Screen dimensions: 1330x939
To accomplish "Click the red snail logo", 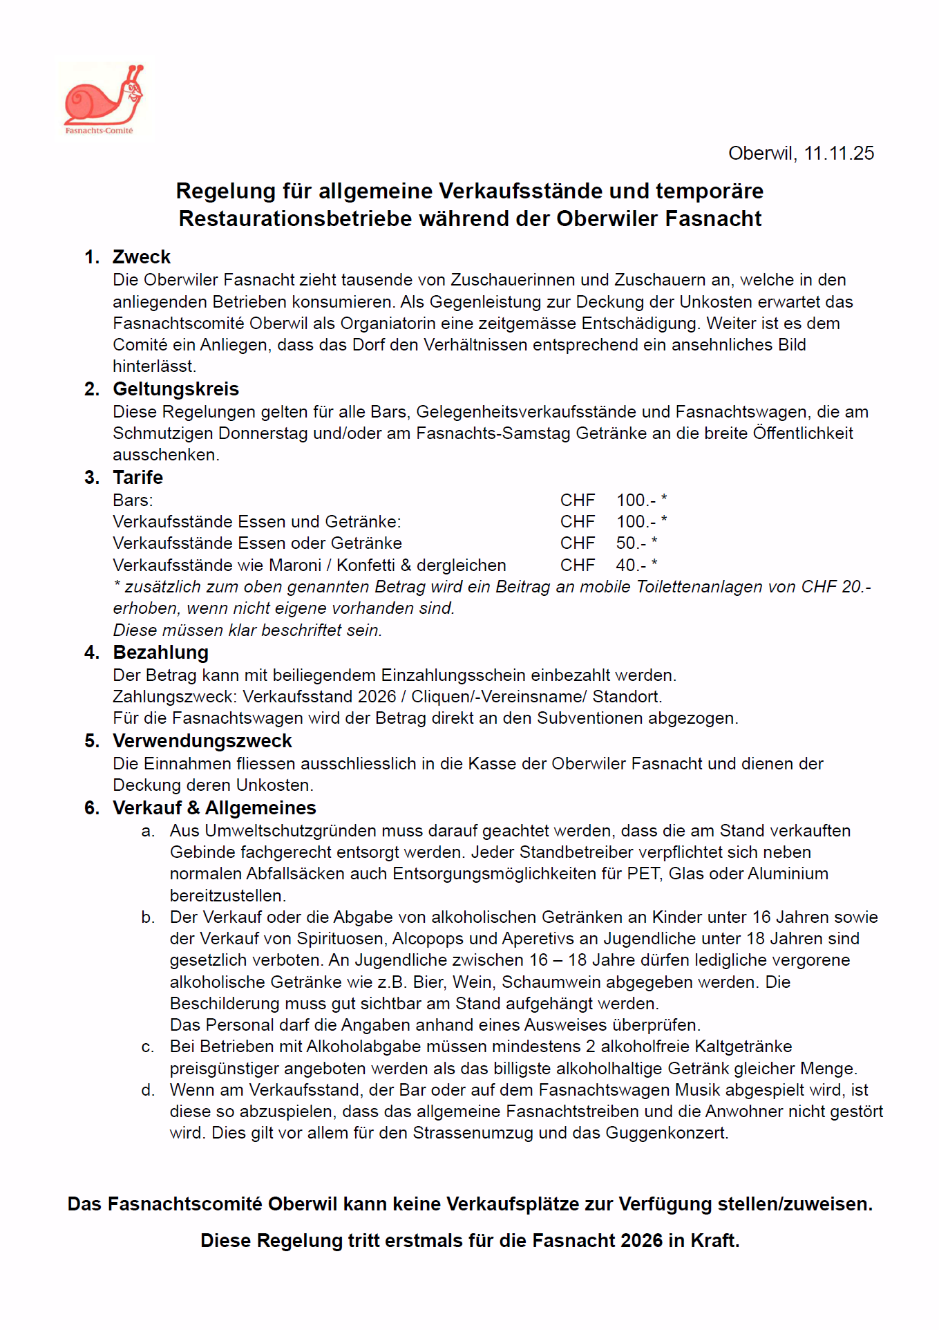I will click(x=103, y=98).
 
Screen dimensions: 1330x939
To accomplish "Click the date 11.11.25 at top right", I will click(x=839, y=153).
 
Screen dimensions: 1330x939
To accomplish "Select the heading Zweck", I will click(x=141, y=257).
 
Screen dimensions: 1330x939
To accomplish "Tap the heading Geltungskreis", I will click(x=176, y=389).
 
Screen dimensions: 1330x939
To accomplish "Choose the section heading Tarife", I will click(x=137, y=478).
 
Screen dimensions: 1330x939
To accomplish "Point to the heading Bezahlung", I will click(x=160, y=653).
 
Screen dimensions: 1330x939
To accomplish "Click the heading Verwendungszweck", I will click(x=202, y=741).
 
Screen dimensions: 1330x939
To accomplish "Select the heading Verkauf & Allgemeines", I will click(x=214, y=808).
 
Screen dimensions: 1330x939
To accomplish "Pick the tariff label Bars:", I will click(x=133, y=500).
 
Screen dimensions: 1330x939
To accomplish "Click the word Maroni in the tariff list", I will click(x=295, y=565).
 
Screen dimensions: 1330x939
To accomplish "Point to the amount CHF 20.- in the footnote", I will click(x=835, y=587).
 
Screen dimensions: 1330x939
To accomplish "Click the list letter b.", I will click(x=147, y=917).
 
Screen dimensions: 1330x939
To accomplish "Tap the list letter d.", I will click(x=147, y=1090).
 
